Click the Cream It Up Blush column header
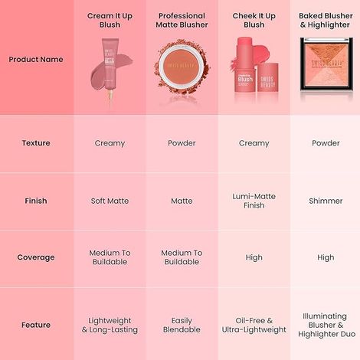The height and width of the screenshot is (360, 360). coord(110,20)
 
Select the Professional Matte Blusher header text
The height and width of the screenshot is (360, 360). coord(182,20)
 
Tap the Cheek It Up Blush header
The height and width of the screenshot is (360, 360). coord(254,20)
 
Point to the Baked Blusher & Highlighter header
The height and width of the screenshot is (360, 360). coord(326,20)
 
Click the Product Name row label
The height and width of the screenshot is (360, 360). coord(36,59)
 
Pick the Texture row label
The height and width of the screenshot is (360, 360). coord(36,143)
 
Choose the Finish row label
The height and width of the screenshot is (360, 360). coord(36,201)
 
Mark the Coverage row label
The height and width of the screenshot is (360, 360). coord(36,257)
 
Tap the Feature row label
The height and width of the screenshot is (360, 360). coord(36,325)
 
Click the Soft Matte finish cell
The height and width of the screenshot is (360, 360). coord(110,201)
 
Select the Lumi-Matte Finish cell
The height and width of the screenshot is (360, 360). coord(254,201)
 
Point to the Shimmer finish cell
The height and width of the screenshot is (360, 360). coord(326,201)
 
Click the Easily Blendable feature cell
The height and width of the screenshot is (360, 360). coord(182,325)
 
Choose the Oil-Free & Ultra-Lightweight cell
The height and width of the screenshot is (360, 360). coord(254,325)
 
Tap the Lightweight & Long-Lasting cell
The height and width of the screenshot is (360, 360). coord(110,325)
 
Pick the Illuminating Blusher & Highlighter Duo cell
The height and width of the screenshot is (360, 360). coord(326,325)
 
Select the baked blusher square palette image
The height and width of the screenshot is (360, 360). coord(326,70)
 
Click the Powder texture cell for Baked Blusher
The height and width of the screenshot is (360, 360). coord(326,143)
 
